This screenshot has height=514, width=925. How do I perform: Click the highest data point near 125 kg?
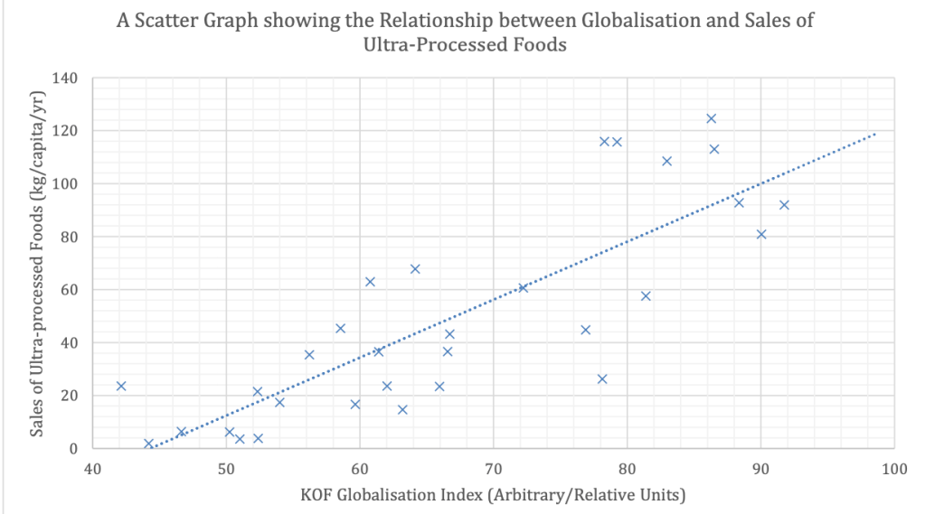coord(711,118)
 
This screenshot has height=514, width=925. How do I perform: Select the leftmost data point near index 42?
coord(121,386)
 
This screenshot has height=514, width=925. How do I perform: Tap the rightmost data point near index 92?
coord(784,205)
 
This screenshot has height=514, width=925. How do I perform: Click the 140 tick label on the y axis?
coord(66,78)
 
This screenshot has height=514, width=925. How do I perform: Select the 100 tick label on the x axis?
coord(893,470)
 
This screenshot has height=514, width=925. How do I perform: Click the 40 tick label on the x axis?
coord(92,470)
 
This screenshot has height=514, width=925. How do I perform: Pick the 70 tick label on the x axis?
coord(493,470)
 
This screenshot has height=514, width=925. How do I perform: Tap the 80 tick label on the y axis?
coord(70,237)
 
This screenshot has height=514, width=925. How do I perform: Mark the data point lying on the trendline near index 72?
coord(523,287)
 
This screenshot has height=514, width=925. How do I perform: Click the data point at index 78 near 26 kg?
coord(602,378)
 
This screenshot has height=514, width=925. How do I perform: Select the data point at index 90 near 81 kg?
coord(761,234)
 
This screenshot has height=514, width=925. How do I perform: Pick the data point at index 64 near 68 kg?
coord(415,268)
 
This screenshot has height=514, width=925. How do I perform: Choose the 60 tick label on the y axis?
coord(70,289)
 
